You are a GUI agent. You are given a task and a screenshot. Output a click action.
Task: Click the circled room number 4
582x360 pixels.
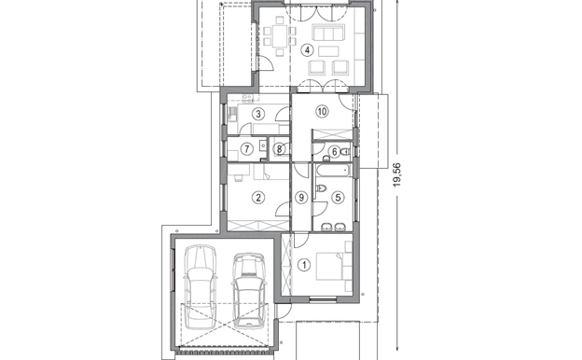(307, 50)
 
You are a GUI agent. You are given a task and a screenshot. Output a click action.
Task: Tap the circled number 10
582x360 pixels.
(322, 111)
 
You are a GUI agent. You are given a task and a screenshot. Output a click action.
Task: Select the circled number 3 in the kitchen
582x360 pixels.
(258, 114)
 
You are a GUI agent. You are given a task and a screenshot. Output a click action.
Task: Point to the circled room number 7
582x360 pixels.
(247, 149)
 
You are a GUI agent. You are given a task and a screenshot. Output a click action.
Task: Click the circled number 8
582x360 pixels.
(279, 149)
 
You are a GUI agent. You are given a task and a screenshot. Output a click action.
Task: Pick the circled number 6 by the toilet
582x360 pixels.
(334, 151)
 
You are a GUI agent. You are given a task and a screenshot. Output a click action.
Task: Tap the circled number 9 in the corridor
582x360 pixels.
(301, 198)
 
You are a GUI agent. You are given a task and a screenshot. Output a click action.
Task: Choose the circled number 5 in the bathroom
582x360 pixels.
(338, 198)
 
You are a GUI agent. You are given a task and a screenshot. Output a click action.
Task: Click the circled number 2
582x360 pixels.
(258, 198)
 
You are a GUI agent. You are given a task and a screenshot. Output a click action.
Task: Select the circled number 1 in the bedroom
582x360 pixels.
(304, 265)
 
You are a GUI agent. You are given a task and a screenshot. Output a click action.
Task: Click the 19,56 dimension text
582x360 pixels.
(397, 174)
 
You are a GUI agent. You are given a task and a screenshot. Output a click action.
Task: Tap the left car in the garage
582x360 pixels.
(201, 287)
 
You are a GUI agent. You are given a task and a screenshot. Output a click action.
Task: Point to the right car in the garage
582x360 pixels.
(249, 290)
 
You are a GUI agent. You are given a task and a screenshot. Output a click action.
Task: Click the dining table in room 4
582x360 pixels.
(280, 36)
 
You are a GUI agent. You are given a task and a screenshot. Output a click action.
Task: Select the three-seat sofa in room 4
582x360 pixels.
(329, 33)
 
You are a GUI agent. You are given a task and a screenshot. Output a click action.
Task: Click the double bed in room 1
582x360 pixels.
(329, 266)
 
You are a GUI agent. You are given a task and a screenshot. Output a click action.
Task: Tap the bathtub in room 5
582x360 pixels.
(333, 171)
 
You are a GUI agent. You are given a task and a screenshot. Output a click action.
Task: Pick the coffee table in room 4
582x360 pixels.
(328, 51)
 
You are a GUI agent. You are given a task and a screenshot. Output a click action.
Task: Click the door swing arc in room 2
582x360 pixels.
(282, 208)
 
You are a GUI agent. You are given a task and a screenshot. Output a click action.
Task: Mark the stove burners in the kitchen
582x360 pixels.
(247, 99)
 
